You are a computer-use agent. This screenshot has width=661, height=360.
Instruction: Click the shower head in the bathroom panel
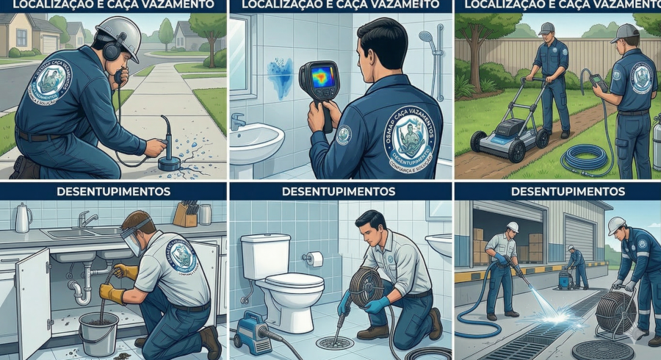[x=427, y=37]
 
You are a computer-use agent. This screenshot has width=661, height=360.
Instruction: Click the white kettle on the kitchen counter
[x=23, y=217]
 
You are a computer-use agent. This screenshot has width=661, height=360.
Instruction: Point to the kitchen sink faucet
[x=87, y=219]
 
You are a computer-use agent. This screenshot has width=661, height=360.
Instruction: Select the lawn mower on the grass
[x=505, y=132]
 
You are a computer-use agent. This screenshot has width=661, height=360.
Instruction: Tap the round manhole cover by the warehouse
[x=602, y=350]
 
